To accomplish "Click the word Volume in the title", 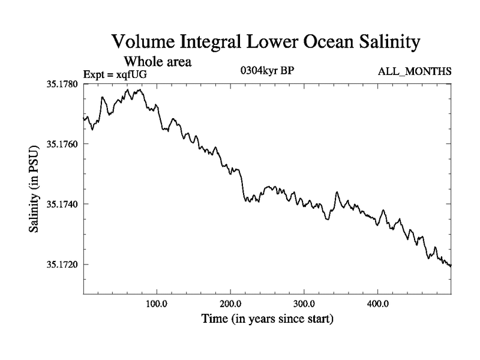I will (142, 43).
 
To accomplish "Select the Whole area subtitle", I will (158, 61).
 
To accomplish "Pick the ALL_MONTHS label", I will (415, 72).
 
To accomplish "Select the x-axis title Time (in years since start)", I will (267, 319).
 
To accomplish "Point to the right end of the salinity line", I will (451, 265).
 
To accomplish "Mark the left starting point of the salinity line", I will (83, 119).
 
